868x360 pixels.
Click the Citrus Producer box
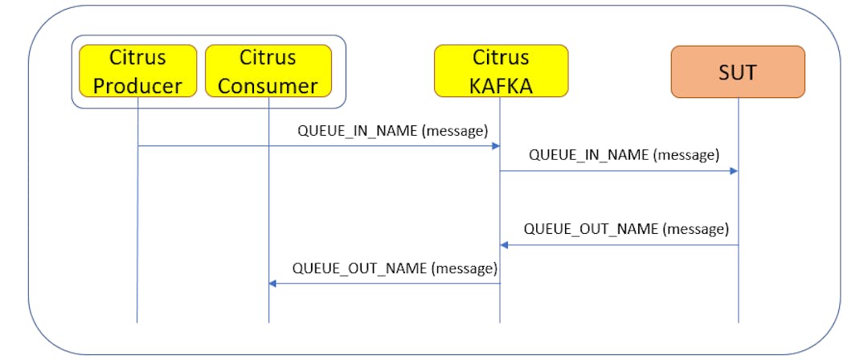tap(137, 72)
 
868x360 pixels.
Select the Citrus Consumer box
tap(268, 72)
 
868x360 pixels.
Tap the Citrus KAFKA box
tap(501, 72)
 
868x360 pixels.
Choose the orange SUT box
tap(738, 72)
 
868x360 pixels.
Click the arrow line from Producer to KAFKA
tap(321, 146)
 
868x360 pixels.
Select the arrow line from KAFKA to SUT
tap(619, 171)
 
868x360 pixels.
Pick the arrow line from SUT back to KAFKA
tap(619, 245)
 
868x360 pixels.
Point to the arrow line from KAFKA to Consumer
tap(386, 283)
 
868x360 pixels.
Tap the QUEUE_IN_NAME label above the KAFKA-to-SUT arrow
tap(624, 155)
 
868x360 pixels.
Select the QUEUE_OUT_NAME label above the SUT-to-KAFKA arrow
tap(626, 229)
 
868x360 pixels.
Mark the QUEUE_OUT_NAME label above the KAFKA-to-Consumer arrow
tap(395, 268)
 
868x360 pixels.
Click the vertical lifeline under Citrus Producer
tap(137, 241)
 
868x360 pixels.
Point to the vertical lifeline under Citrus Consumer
tap(268, 201)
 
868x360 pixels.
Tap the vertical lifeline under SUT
tap(738, 289)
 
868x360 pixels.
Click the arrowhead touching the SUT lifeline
tap(733, 171)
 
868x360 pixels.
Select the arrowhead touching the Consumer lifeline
tap(273, 283)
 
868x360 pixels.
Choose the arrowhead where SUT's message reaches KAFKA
tap(505, 245)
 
